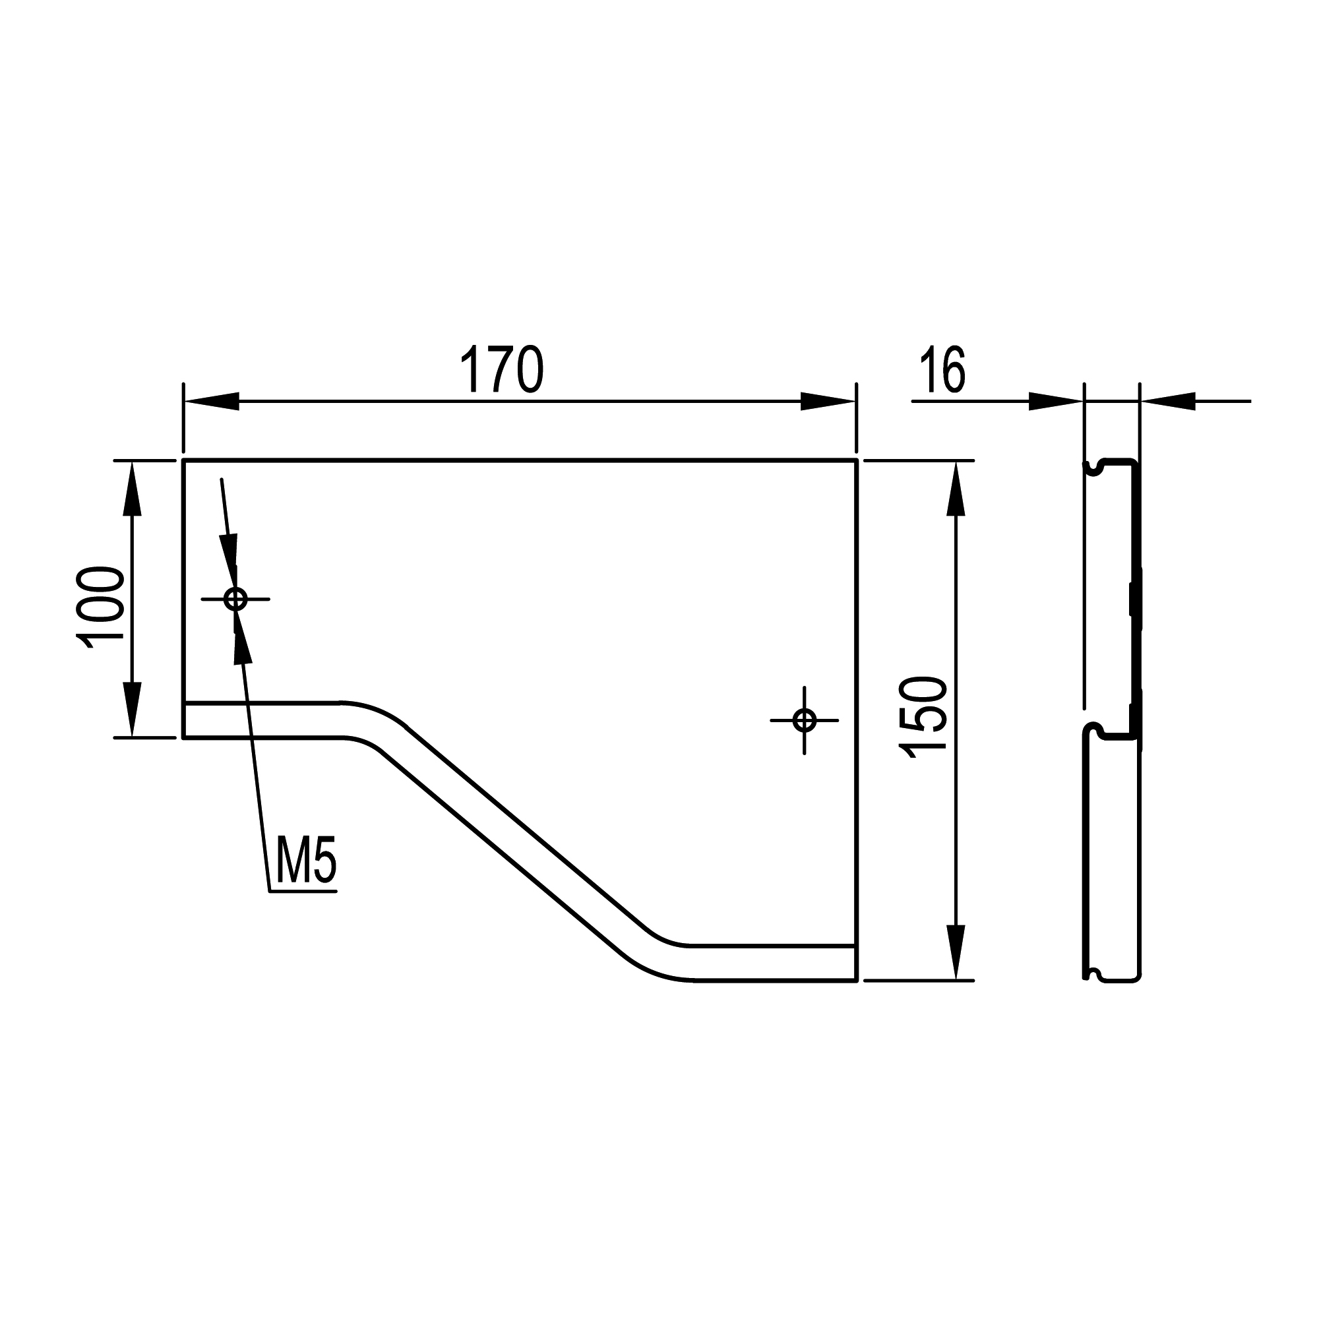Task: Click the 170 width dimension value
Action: (x=502, y=369)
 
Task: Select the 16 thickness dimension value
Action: (x=942, y=369)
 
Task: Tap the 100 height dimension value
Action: (x=101, y=606)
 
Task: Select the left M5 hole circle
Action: (x=235, y=599)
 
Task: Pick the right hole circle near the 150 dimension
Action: (x=804, y=720)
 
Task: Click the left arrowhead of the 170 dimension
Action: (x=211, y=402)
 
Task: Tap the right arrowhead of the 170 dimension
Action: (x=828, y=402)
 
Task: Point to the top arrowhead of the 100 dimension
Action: (x=132, y=488)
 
